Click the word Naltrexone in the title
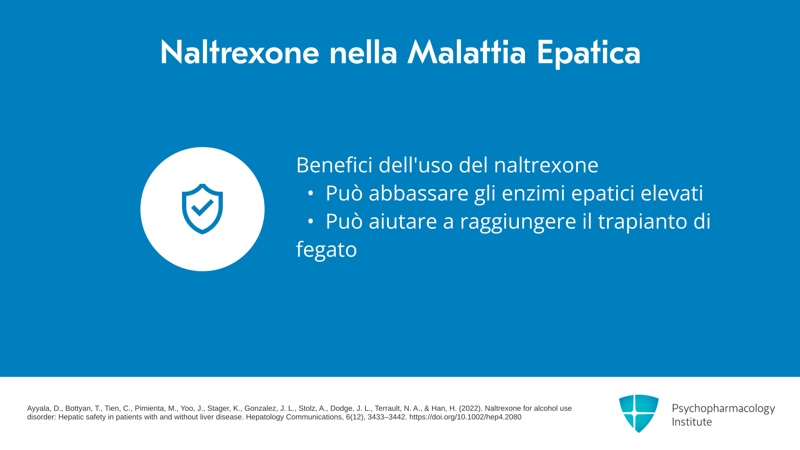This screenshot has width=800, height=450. click(240, 52)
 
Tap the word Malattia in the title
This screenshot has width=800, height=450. click(467, 52)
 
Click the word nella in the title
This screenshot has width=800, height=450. click(363, 52)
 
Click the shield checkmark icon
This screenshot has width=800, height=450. click(202, 209)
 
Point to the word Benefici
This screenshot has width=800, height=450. click(334, 165)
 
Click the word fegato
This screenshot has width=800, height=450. click(327, 250)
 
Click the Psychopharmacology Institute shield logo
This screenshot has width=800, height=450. click(639, 413)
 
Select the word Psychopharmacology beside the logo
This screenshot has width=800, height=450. click(723, 409)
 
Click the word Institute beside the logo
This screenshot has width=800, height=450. click(692, 422)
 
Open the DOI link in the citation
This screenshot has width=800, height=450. click(465, 417)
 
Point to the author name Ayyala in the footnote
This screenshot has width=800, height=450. click(38, 409)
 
